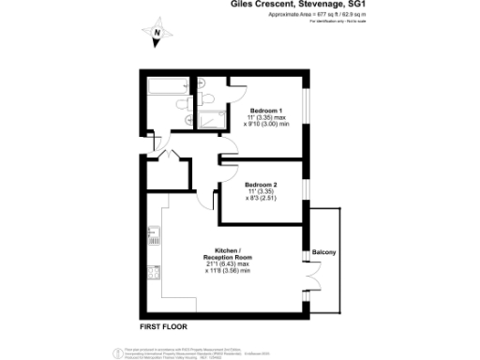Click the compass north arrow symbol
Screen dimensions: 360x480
coord(157,35)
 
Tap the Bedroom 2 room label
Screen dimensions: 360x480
coord(263,185)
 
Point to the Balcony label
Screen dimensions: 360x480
coord(323,253)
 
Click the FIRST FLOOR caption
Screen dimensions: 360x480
coord(163,326)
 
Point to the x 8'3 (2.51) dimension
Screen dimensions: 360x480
coord(263,199)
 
